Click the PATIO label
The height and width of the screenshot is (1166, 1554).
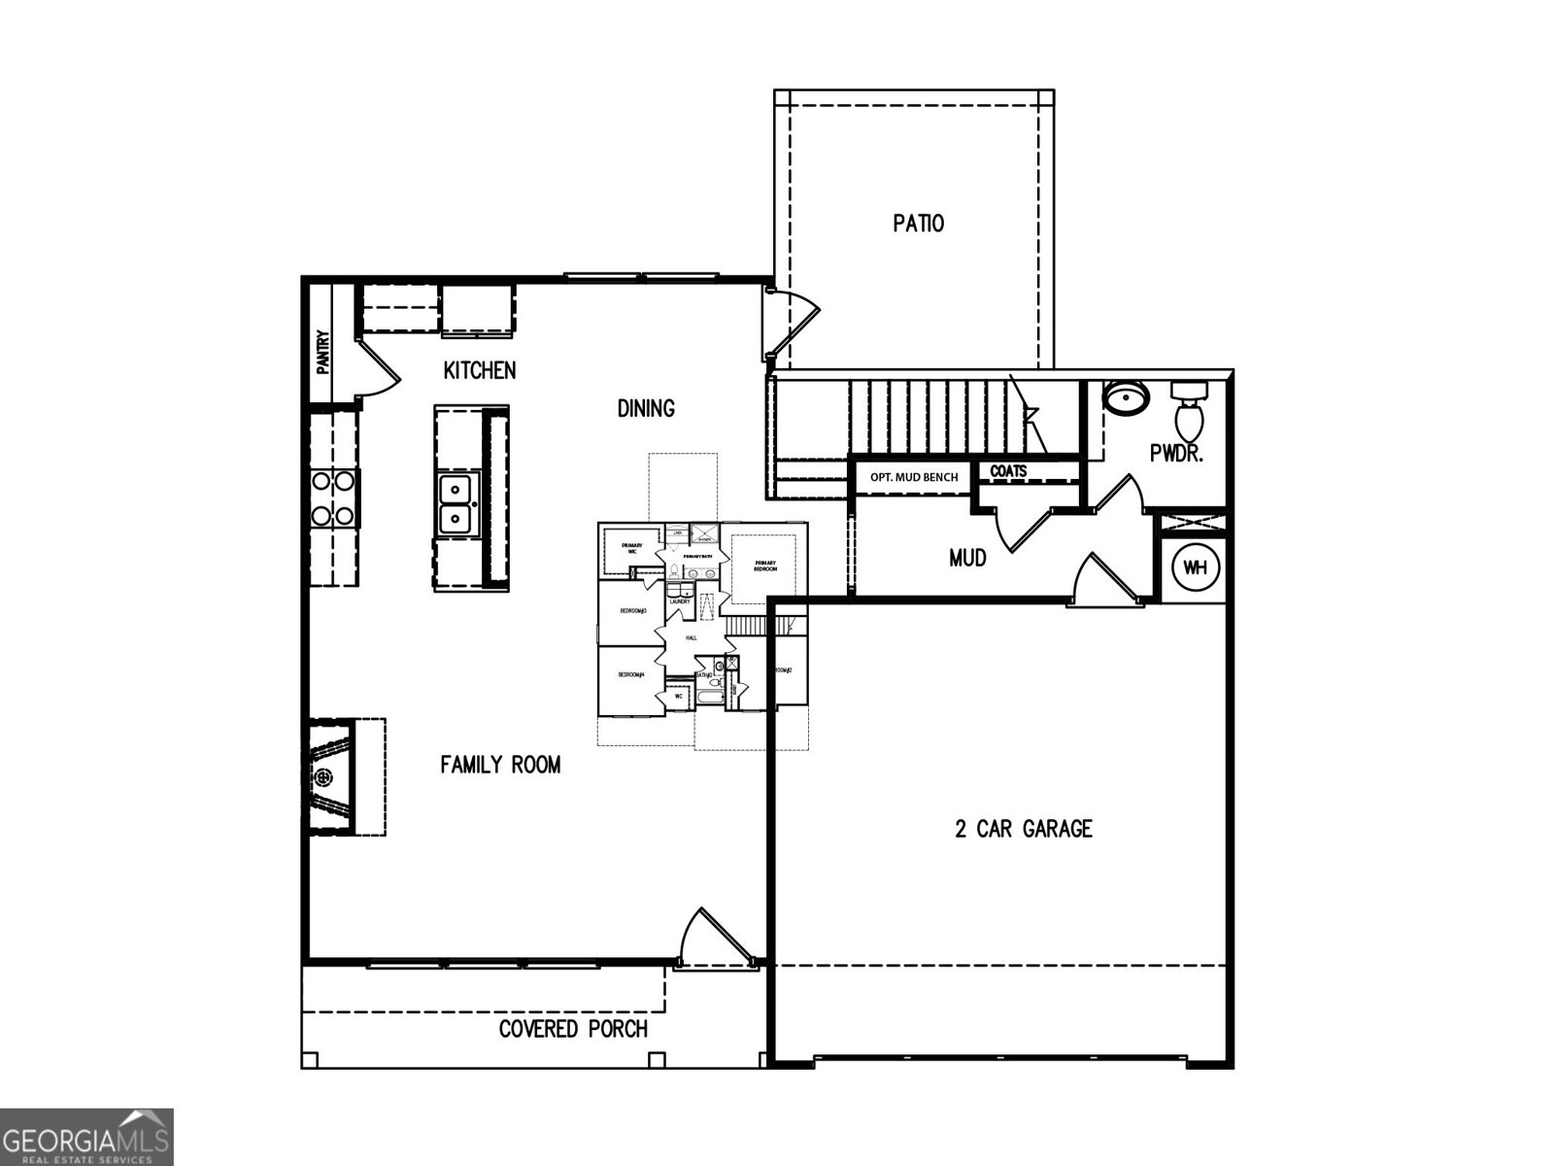pos(918,223)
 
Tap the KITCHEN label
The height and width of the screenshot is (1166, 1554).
pos(480,370)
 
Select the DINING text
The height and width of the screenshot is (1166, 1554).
pos(646,408)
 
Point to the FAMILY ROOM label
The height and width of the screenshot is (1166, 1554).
pos(500,765)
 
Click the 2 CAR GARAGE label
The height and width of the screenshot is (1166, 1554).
pos(1023,829)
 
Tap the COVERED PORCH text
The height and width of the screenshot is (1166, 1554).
pos(573,1029)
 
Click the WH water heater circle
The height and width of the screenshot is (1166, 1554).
pos(1195,568)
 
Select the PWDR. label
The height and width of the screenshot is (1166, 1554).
pos(1176,453)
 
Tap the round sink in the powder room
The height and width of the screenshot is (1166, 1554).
pos(1127,397)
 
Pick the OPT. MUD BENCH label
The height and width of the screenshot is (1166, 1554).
pos(913,477)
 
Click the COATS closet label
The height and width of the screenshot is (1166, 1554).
pos(1008,471)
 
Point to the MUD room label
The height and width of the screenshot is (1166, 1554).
pos(967,558)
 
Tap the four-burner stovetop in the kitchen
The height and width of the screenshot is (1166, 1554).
pos(333,497)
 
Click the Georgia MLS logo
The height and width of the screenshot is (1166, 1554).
pos(86,1137)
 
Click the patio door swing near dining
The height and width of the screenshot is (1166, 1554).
pos(792,321)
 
